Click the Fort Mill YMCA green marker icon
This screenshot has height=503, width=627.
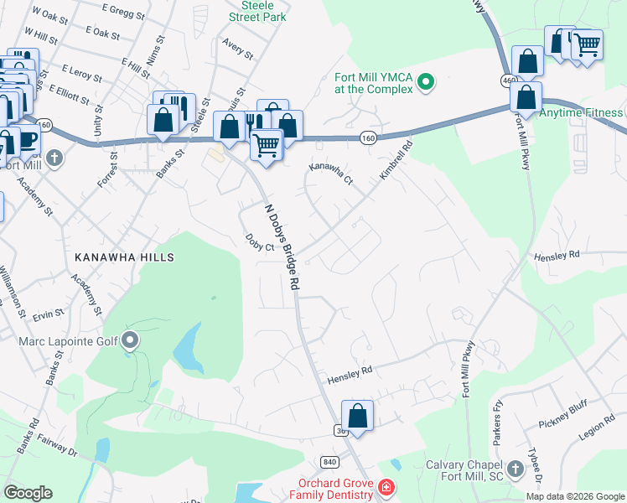pos(426,82)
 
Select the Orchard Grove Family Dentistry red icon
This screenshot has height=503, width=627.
pos(386,487)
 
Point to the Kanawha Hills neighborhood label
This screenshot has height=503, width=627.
pos(124,257)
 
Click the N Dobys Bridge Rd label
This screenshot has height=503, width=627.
pos(282,247)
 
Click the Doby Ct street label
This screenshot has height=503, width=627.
pos(259,242)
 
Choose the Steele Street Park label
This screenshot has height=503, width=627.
pos(257,10)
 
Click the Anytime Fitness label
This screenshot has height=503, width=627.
pos(582,113)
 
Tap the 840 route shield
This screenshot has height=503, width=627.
pos(329,462)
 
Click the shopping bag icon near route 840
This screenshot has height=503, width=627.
pos(357,415)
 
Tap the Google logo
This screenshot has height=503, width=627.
pos(28,493)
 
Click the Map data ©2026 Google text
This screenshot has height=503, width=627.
pos(574,496)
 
